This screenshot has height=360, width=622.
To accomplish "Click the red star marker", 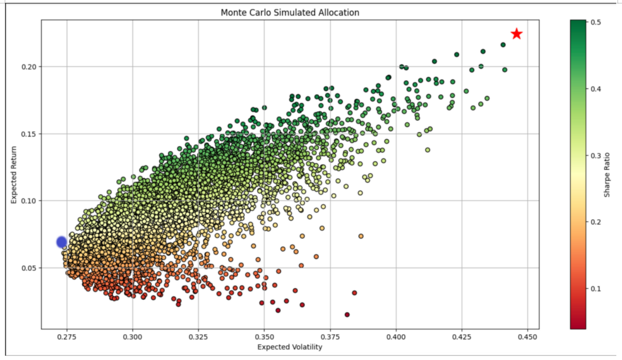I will point(516,34).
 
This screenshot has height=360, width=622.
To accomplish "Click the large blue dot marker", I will point(62,242).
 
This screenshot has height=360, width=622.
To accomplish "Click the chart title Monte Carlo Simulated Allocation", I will point(290,13).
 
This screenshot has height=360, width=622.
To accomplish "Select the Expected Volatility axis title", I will point(290,347).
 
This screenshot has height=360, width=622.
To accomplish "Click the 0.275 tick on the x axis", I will point(67,337).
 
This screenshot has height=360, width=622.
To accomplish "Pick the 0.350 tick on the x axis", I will point(265,337).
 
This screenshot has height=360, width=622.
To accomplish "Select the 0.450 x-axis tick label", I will point(528,337).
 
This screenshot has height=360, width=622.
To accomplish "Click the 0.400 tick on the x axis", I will point(396,337).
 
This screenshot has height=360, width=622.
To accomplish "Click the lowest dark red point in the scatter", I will point(347,314).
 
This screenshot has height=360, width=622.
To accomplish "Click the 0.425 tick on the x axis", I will point(462,337).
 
